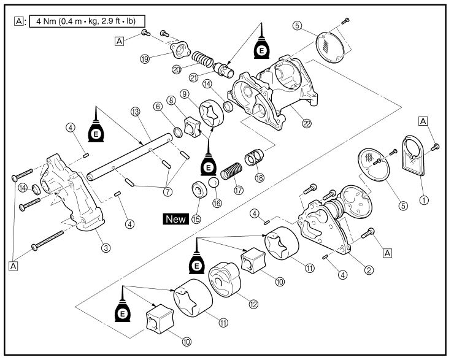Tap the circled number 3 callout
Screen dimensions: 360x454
point(106,248)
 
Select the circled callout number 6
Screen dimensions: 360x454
point(158,107)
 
